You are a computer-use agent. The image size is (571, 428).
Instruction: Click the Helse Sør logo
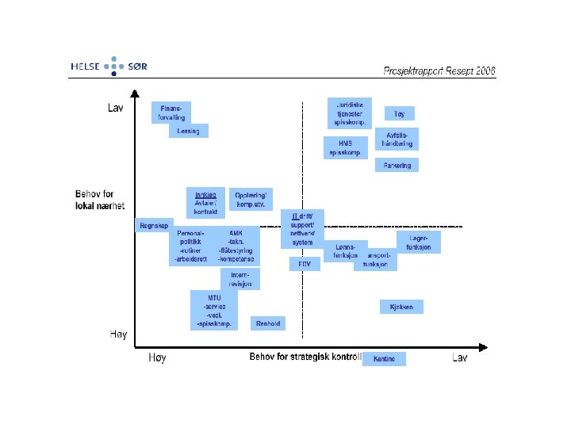coord(109,67)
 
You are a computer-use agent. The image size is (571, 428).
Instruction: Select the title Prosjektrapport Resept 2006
coord(439,71)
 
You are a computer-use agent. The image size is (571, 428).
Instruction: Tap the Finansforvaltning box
coord(171,113)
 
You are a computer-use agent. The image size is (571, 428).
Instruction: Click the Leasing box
coord(189,131)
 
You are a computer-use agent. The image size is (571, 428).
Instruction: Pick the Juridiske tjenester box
coord(350,113)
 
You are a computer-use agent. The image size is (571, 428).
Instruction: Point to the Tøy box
coord(399,114)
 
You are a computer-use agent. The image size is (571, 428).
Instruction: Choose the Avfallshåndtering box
coord(394,139)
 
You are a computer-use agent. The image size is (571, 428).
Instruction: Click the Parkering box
coord(397,166)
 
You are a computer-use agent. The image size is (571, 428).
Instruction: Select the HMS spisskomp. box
coord(344,147)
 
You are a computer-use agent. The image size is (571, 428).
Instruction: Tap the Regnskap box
coord(154,226)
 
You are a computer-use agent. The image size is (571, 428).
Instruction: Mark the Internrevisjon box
coord(240,279)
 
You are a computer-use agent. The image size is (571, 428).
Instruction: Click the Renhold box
coord(268,323)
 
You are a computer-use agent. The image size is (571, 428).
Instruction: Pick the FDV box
coord(305,264)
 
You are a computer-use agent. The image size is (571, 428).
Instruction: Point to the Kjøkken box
coord(401,307)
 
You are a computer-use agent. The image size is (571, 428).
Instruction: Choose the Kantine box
coord(384,359)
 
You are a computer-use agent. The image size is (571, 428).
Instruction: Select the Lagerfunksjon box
coord(419,243)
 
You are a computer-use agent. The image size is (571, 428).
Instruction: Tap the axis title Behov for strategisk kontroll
coord(305,357)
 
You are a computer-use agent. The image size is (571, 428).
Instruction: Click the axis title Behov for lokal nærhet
coord(100,200)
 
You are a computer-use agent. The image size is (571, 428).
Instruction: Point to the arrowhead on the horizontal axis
coord(482,347)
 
